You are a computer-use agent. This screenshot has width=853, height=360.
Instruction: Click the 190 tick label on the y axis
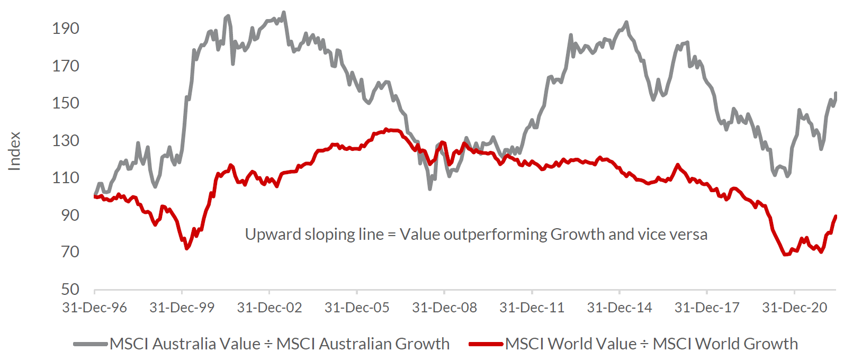[66, 29]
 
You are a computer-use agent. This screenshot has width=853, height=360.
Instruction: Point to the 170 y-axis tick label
[66, 66]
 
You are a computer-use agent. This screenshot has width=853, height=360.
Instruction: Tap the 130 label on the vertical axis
[66, 141]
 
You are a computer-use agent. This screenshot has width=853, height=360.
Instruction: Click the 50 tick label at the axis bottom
[70, 290]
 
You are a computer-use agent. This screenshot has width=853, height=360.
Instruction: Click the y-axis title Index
[15, 151]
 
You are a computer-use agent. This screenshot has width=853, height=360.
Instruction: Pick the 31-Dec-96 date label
[94, 308]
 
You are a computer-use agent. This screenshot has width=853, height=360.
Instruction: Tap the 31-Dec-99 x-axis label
[182, 308]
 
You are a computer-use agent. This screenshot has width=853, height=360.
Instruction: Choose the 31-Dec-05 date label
[357, 308]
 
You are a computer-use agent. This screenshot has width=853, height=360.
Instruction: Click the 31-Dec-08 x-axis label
[444, 308]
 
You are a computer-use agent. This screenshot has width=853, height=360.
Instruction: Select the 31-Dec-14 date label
[619, 308]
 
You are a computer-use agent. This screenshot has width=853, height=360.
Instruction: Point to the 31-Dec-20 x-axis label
[794, 308]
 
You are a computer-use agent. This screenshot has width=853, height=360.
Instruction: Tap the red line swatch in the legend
[486, 344]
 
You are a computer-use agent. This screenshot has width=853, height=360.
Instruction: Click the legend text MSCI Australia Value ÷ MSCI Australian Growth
[280, 344]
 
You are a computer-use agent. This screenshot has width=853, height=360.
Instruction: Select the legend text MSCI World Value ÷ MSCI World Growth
[651, 344]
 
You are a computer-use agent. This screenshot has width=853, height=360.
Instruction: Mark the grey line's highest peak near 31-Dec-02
[284, 12]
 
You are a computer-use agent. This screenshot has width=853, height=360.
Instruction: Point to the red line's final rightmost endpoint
[836, 216]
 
